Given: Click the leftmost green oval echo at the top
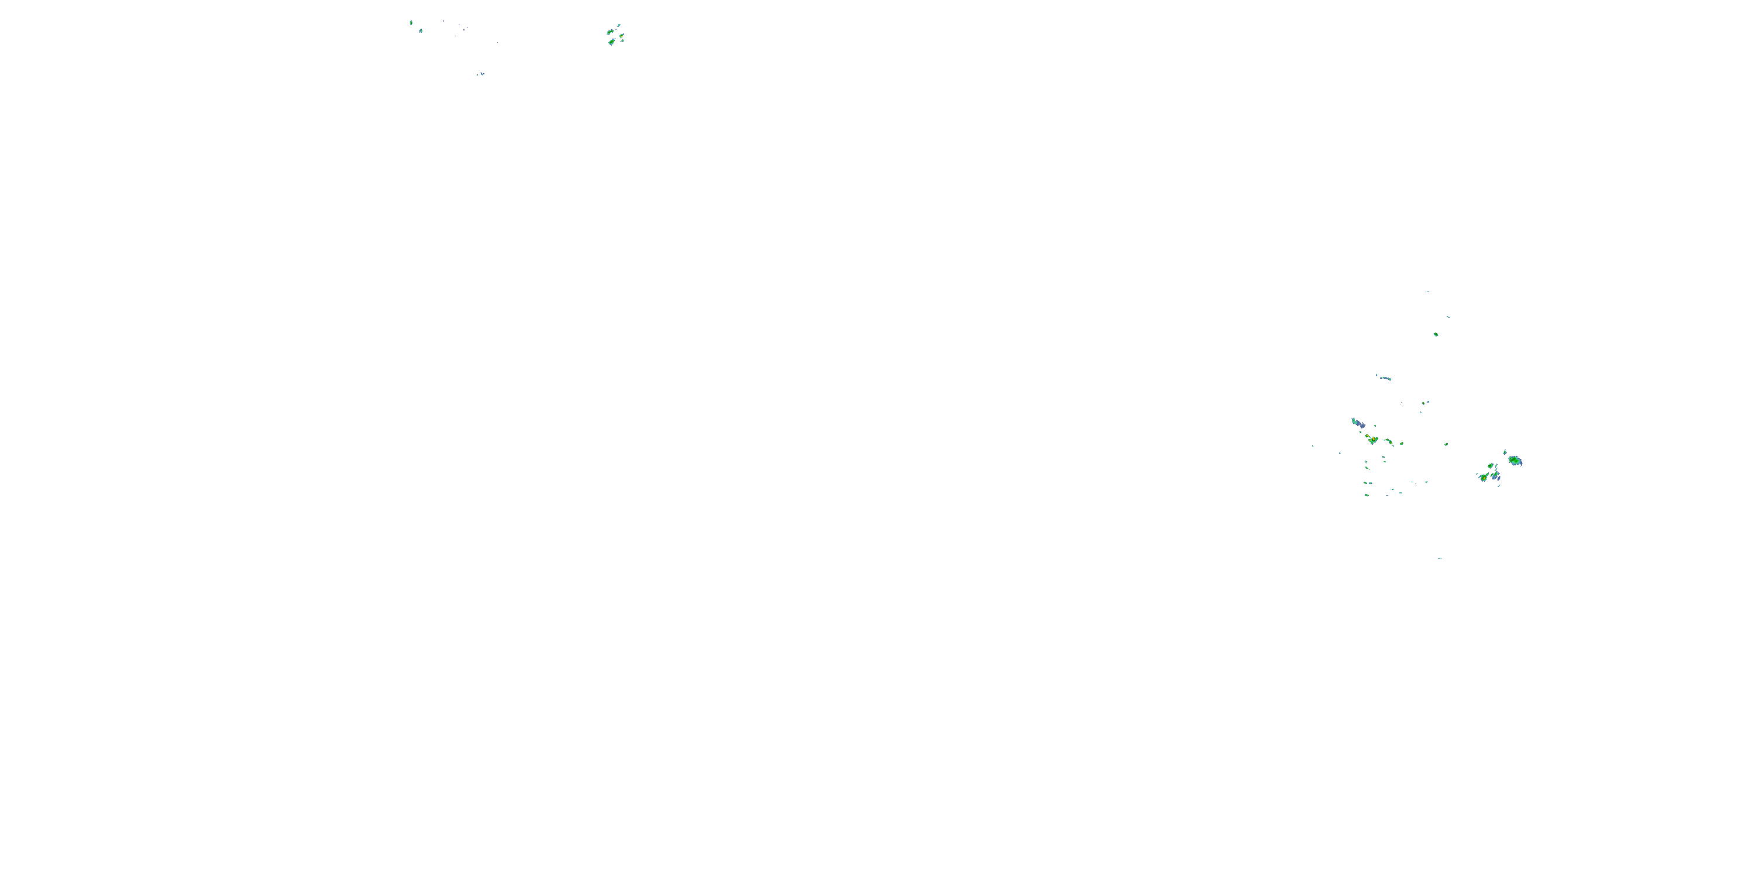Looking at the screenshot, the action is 411,22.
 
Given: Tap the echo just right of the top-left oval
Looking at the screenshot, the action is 421,30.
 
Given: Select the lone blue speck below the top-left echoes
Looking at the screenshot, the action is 481,74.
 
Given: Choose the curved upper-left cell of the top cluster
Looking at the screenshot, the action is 610,32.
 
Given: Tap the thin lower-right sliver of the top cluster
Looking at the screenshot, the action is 622,41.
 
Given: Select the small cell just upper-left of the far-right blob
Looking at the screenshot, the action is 1505,452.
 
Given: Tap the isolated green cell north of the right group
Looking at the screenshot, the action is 1436,334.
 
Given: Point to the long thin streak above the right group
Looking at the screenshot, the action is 1384,378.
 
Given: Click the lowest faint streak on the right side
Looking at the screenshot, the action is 1440,558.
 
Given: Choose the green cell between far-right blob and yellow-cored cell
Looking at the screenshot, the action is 1491,467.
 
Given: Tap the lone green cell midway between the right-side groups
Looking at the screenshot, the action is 1446,444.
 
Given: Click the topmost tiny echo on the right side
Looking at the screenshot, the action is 1427,291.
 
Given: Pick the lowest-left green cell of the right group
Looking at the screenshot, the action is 1367,495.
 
